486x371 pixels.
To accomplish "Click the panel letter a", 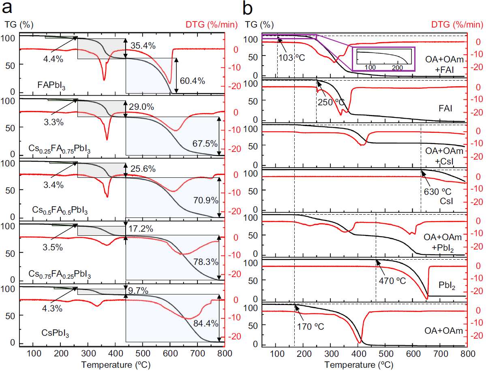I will pos(9,7).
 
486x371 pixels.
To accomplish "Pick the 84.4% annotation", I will pos(206,323).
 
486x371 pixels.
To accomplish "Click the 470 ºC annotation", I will pos(392,280).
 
